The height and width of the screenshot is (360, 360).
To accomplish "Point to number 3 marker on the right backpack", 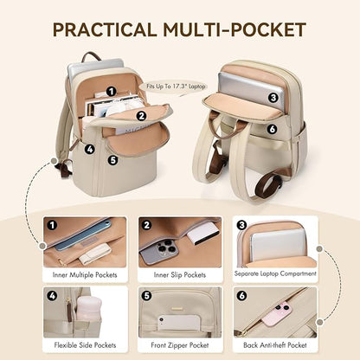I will (272, 97).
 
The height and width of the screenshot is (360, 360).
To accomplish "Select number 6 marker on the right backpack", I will (272, 129).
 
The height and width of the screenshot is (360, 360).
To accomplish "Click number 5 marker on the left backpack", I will (112, 159).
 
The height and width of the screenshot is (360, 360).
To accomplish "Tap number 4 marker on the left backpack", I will (91, 148).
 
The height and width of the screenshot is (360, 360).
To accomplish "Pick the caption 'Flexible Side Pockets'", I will (85, 344).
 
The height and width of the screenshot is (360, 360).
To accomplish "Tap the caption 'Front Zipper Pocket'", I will (179, 344).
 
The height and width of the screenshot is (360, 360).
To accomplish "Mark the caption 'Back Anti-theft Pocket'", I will (274, 344).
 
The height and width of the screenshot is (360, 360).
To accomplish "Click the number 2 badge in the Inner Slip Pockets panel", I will (148, 226).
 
